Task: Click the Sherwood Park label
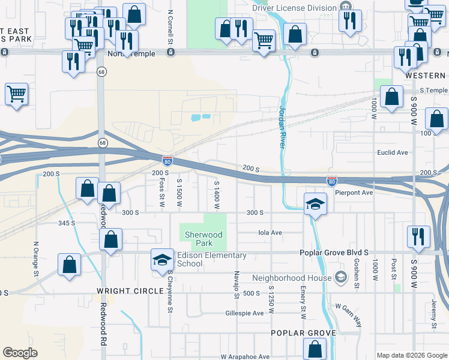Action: coord(203,239)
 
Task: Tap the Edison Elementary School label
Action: coord(211,259)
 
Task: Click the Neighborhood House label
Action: coord(292,278)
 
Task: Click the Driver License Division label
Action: coord(294,7)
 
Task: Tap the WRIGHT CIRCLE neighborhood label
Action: coord(130,291)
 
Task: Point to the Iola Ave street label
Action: coord(270,233)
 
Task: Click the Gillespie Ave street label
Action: coord(244,313)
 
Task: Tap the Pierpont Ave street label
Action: coord(354,193)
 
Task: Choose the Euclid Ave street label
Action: coord(392,152)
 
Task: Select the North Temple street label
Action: coord(131,54)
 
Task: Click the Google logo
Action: coord(20,353)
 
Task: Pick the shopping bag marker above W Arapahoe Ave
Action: coord(315,349)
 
